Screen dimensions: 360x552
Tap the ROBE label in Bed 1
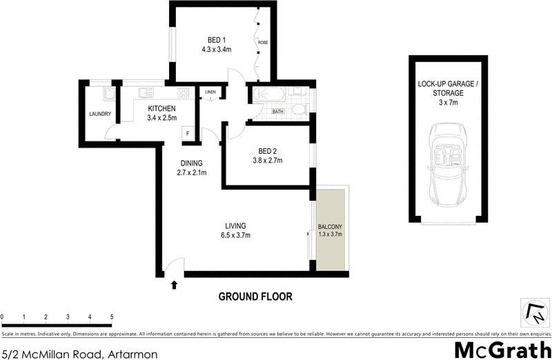tap(263, 43)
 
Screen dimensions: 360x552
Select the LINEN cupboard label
tap(210, 92)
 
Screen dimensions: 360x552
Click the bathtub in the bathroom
tap(269, 95)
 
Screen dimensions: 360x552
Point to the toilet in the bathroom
tap(299, 110)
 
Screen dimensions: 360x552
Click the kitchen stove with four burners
tap(184, 92)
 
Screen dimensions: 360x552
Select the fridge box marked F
tap(188, 134)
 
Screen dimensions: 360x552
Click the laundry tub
tap(108, 94)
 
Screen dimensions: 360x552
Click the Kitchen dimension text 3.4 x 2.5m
tap(161, 118)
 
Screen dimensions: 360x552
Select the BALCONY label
tap(330, 227)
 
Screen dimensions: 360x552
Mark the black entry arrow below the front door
tap(174, 283)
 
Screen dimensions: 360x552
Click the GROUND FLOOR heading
tap(255, 297)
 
